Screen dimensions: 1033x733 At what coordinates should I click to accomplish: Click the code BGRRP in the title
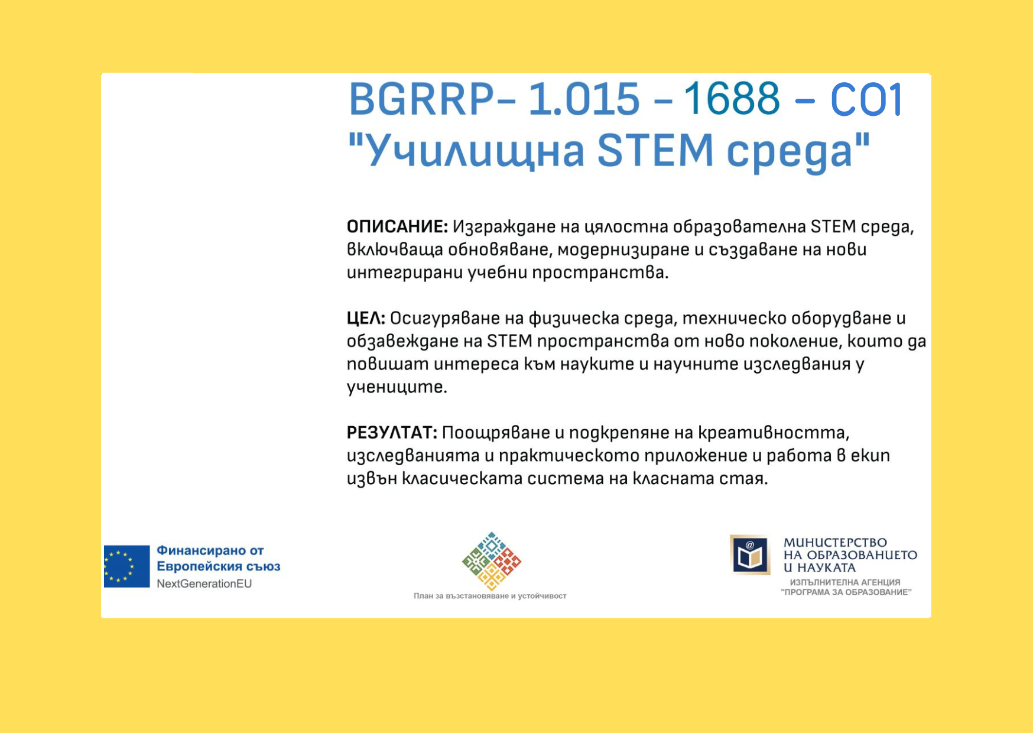[x=421, y=99]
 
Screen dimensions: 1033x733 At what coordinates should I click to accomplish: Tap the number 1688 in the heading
[x=732, y=99]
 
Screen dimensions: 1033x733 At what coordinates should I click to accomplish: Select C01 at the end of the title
[x=867, y=99]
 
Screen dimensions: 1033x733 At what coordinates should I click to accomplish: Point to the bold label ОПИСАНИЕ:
[x=397, y=226]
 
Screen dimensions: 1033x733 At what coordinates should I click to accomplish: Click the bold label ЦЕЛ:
[x=366, y=319]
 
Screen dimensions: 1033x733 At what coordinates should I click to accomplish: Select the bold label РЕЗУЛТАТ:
[x=392, y=433]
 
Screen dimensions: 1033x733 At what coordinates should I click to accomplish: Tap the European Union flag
[x=126, y=566]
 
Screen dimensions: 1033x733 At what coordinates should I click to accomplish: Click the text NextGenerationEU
[x=204, y=584]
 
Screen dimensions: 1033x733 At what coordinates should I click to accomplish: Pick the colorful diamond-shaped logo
[x=492, y=561]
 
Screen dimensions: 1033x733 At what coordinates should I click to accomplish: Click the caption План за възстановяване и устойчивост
[x=490, y=596]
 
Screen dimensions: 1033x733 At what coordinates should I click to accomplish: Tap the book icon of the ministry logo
[x=750, y=555]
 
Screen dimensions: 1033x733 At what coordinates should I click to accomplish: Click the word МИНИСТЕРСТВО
[x=835, y=543]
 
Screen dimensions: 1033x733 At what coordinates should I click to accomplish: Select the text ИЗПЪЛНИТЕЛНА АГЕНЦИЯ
[x=845, y=582]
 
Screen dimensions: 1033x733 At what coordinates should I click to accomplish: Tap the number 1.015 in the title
[x=584, y=99]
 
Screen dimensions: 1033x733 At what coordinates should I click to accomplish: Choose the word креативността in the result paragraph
[x=774, y=433]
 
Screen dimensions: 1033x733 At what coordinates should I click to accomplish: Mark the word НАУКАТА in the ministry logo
[x=826, y=567]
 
